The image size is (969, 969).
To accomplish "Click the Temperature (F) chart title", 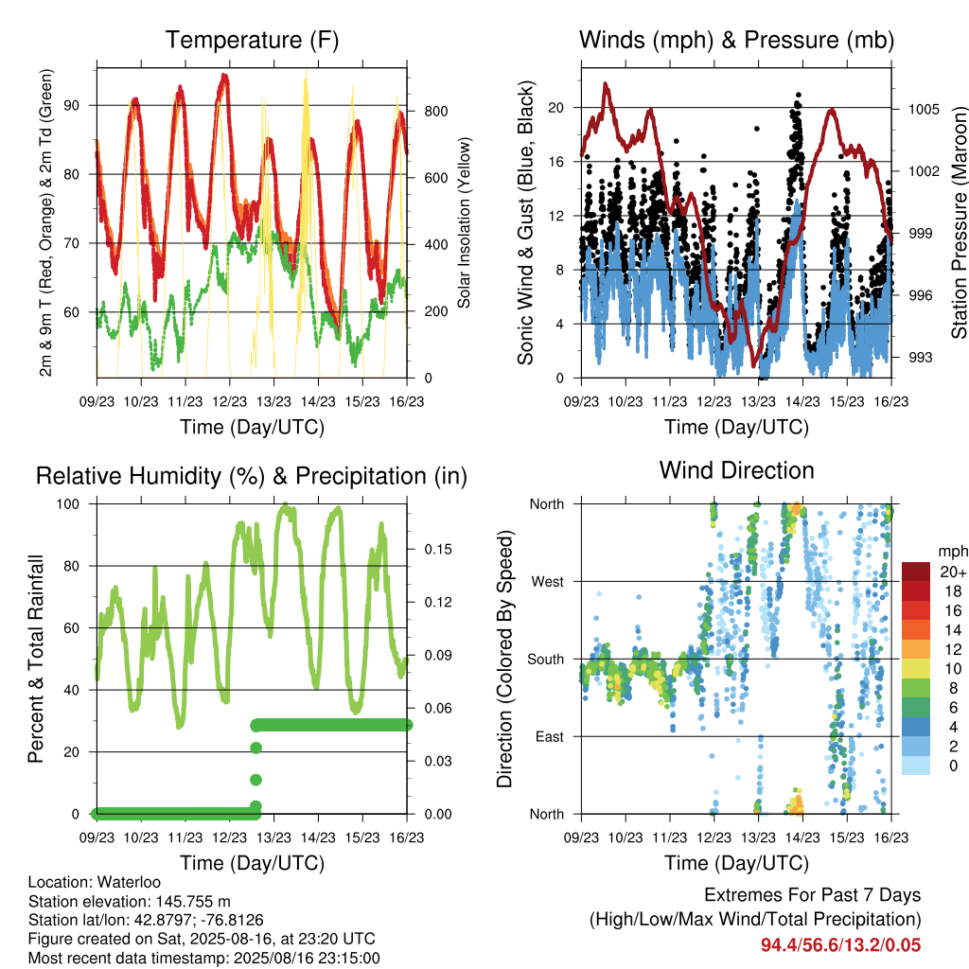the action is (252, 40).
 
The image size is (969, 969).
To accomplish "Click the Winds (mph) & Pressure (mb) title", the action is (736, 40).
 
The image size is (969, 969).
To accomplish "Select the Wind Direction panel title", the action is (736, 470).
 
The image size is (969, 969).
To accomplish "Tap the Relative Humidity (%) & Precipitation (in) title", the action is (252, 477).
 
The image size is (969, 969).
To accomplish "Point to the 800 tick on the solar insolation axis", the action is (436, 112).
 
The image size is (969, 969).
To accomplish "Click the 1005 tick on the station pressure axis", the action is (924, 110).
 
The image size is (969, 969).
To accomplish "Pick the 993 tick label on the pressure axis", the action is (920, 358).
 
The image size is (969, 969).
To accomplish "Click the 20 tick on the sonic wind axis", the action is (556, 108).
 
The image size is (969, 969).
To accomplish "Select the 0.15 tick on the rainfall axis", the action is (438, 550).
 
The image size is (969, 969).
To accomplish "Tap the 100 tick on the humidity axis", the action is (68, 504).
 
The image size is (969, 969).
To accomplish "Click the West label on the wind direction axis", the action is (548, 582).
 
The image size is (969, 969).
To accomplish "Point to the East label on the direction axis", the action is (550, 736).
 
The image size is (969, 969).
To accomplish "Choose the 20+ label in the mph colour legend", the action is (953, 572).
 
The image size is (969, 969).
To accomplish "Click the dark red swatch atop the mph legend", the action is (916, 572).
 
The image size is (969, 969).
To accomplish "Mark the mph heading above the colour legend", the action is (953, 552).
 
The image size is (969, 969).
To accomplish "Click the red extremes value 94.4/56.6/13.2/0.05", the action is (840, 945).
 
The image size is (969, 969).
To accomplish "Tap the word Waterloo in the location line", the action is (129, 882).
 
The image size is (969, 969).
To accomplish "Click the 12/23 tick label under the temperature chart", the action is (229, 401).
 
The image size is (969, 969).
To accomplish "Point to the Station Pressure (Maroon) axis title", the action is (959, 222).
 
